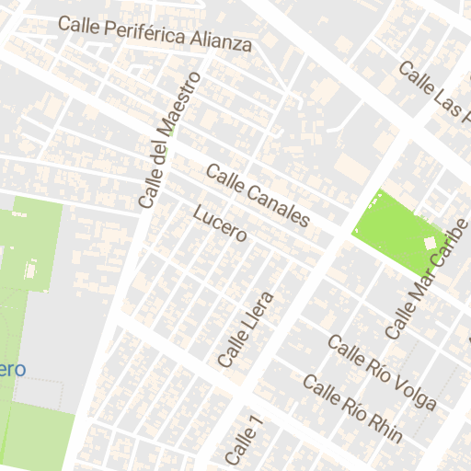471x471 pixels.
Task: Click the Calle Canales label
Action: pos(258,195)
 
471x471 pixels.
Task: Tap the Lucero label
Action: pos(221,223)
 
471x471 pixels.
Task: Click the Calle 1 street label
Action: pos(244,442)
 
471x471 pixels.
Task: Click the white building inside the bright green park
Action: pos(428,242)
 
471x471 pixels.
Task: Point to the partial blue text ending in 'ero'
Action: pos(12,369)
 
